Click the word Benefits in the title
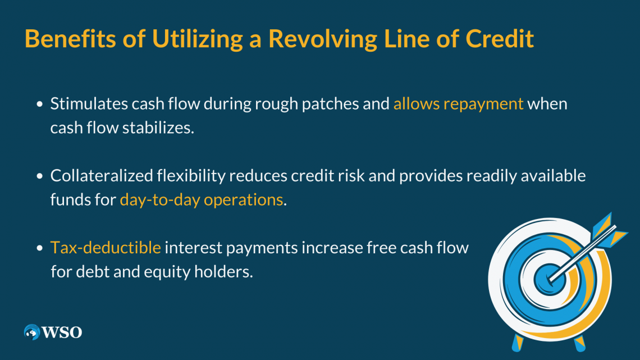coord(70,39)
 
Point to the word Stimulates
coord(89,104)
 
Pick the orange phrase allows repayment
coord(458,104)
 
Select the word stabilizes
coord(158,127)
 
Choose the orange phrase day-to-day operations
coord(201,200)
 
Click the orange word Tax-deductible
coord(106,248)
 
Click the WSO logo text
coord(62,332)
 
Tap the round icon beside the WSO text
coord(32,332)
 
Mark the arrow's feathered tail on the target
coord(609,230)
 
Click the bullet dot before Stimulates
coord(40,104)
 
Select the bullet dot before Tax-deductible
coord(40,248)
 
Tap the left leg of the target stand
coord(518,343)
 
